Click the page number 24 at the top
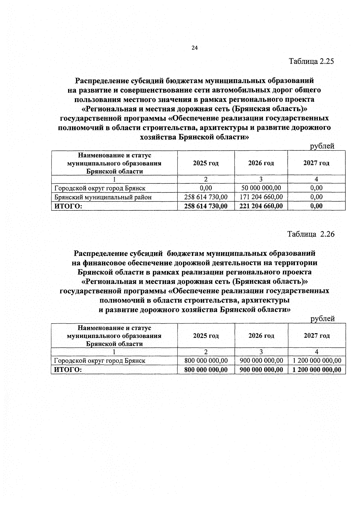click(x=195, y=48)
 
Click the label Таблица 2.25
click(x=311, y=61)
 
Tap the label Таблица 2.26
click(x=311, y=234)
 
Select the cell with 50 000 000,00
click(x=261, y=188)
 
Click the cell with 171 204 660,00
click(x=261, y=197)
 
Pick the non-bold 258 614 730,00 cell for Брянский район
click(x=206, y=197)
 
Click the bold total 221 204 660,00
click(x=261, y=206)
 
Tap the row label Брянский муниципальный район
click(x=103, y=197)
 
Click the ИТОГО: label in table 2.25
click(x=68, y=206)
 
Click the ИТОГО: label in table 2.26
click(x=68, y=370)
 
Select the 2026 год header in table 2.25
click(x=261, y=163)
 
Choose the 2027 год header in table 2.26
click(x=316, y=336)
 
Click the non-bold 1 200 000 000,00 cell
click(x=317, y=361)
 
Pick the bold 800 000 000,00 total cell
click(x=206, y=370)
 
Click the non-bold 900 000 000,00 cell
click(x=261, y=361)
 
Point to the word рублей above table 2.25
click(x=322, y=146)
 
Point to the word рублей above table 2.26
click(x=322, y=319)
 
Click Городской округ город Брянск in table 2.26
click(x=100, y=361)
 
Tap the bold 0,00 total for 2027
click(x=316, y=206)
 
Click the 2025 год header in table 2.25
click(x=206, y=163)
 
